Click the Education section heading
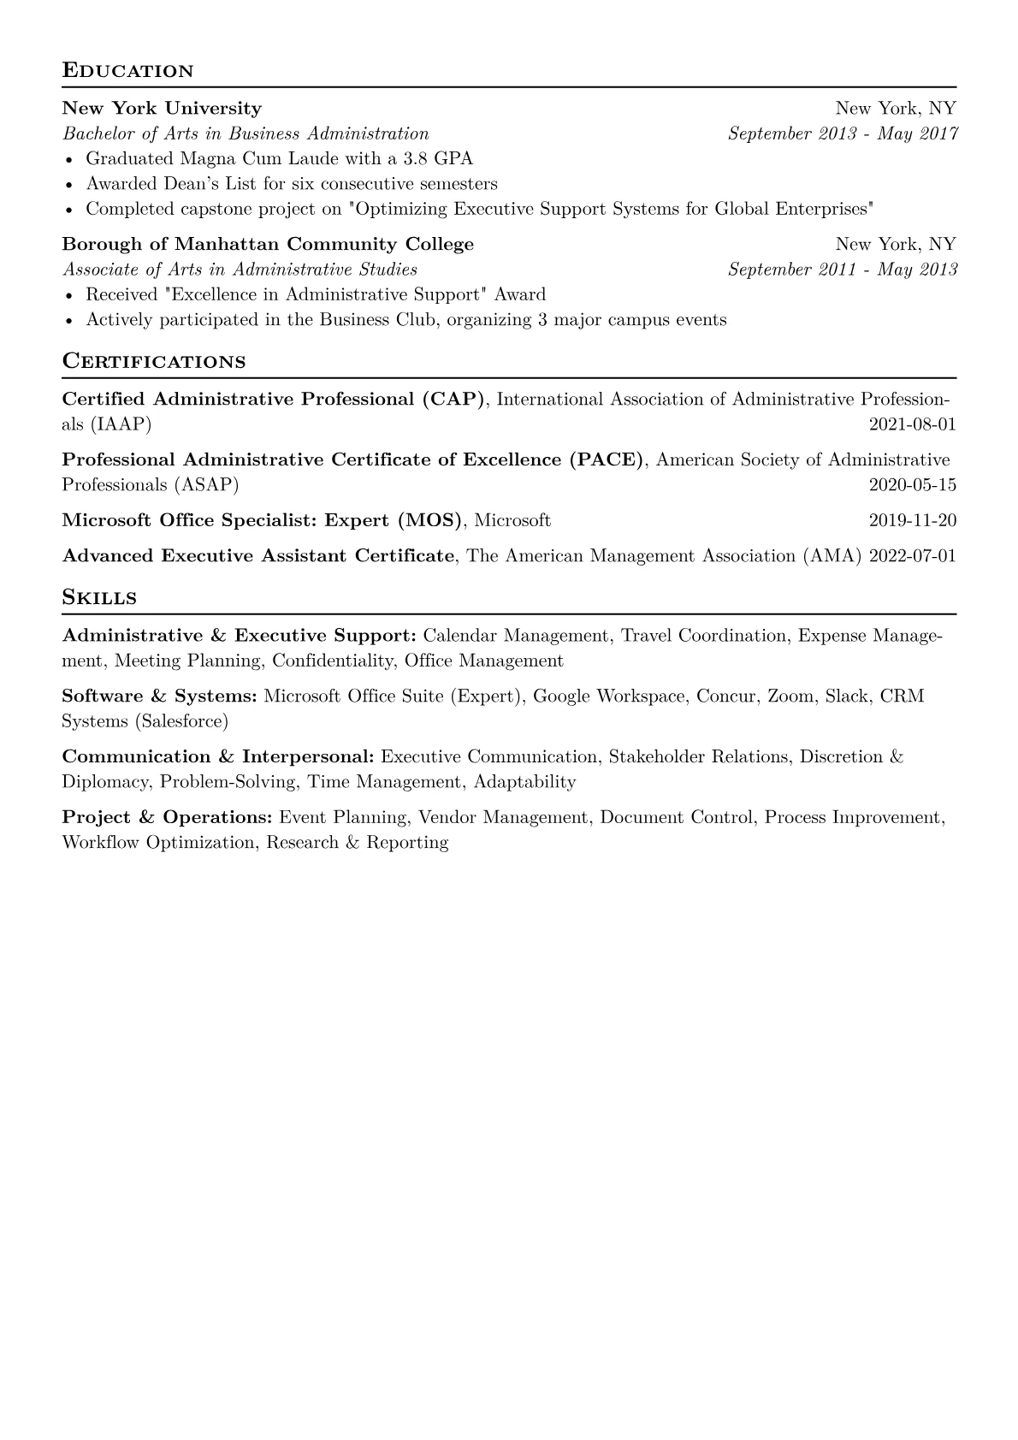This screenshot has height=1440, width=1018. tap(127, 70)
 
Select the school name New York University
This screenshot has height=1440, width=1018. tap(162, 109)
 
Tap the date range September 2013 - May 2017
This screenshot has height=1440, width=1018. tap(842, 133)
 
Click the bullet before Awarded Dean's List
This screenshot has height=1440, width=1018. tap(68, 184)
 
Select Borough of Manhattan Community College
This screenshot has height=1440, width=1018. tap(268, 245)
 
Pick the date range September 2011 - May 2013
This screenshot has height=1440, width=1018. tap(842, 270)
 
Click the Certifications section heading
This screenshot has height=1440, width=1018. tap(154, 361)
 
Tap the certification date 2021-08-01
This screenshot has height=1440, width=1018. tap(912, 424)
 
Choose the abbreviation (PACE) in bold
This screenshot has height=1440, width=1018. tap(606, 460)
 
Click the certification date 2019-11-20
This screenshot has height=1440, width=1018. tap(912, 520)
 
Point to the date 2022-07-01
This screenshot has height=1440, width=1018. tap(912, 556)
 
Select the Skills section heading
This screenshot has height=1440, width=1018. tap(99, 597)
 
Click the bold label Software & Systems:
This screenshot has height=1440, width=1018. tap(159, 696)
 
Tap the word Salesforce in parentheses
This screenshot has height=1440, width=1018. tap(181, 721)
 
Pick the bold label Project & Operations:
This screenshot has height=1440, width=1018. tap(167, 818)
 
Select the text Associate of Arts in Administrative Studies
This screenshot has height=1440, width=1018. tap(240, 270)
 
